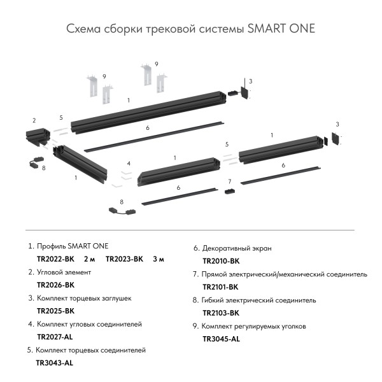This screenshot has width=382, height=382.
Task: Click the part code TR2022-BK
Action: pyautogui.click(x=56, y=259)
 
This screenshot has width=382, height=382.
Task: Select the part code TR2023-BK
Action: pyautogui.click(x=125, y=259)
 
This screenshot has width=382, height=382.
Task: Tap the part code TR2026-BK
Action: pyautogui.click(x=56, y=285)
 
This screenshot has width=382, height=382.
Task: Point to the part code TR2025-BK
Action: pyautogui.click(x=56, y=311)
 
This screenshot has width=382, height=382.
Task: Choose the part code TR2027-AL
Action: pyautogui.click(x=55, y=337)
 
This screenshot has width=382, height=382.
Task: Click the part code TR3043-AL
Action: pyautogui.click(x=55, y=363)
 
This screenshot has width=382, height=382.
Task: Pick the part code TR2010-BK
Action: pyautogui.click(x=221, y=261)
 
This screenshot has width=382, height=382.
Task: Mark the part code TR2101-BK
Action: pyautogui.click(x=221, y=287)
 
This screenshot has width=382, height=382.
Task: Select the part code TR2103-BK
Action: pyautogui.click(x=221, y=313)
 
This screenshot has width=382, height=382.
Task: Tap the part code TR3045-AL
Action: pyautogui.click(x=221, y=339)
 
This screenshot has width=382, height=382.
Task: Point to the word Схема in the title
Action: pyautogui.click(x=83, y=29)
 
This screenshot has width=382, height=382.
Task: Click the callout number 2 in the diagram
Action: pyautogui.click(x=34, y=120)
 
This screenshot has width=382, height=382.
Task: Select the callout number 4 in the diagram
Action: pyautogui.click(x=129, y=164)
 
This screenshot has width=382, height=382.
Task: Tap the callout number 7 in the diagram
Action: pyautogui.click(x=230, y=181)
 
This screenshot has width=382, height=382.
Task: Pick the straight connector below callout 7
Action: pyautogui.click(x=230, y=192)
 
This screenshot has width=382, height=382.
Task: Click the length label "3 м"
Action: pyautogui.click(x=159, y=259)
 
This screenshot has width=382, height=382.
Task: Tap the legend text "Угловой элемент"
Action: pyautogui.click(x=64, y=272)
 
